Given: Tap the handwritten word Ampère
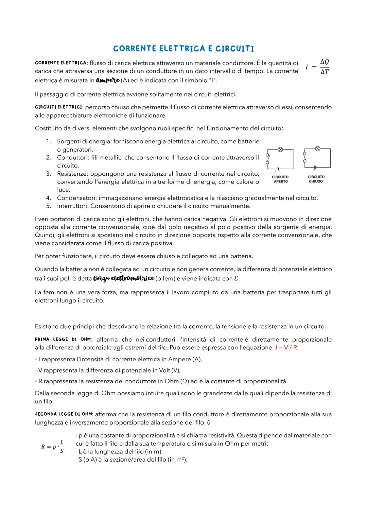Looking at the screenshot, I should click(108, 81).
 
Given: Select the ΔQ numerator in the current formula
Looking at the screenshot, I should click(325, 62).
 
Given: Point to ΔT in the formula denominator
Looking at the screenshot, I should click(325, 72).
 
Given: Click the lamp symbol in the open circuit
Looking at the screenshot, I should click(281, 149).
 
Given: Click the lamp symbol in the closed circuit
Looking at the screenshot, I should click(317, 148).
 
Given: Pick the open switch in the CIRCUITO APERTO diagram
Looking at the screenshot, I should click(268, 159).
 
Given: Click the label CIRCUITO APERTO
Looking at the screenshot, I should click(280, 179).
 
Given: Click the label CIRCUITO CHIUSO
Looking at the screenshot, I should click(316, 179).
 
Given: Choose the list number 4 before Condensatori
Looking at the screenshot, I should click(48, 198).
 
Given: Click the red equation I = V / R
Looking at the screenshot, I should click(286, 348).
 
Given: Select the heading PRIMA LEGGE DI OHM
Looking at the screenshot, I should click(63, 340).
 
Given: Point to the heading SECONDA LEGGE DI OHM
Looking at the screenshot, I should click(64, 414).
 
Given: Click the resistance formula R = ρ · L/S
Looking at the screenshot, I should click(53, 447).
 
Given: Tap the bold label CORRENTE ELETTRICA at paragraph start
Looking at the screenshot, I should click(60, 63).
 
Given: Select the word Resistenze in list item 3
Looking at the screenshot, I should click(72, 174).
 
